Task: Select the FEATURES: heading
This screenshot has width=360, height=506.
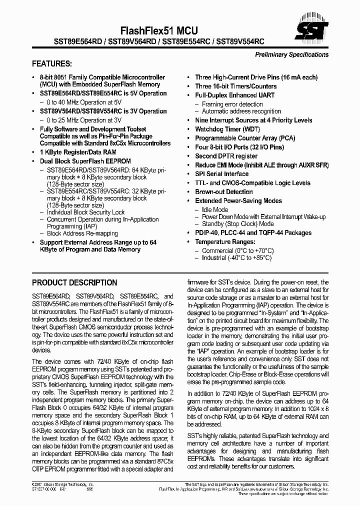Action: coord(51,64)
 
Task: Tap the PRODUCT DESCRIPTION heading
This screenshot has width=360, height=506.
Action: coord(74,282)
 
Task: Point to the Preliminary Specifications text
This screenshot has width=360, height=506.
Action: coord(291,54)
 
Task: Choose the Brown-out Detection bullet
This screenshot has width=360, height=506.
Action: coord(223,192)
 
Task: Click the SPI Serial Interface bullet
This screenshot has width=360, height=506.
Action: coord(221,174)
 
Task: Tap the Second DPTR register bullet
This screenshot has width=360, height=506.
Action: coord(226,156)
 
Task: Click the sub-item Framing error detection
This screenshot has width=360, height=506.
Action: coord(232,104)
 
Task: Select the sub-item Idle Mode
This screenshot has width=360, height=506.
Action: coord(215,210)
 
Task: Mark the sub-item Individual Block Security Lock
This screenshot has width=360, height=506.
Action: coord(85,212)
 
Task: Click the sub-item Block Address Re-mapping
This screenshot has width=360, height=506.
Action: coord(82,233)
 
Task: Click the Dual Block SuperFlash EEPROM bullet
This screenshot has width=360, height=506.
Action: coord(85,161)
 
